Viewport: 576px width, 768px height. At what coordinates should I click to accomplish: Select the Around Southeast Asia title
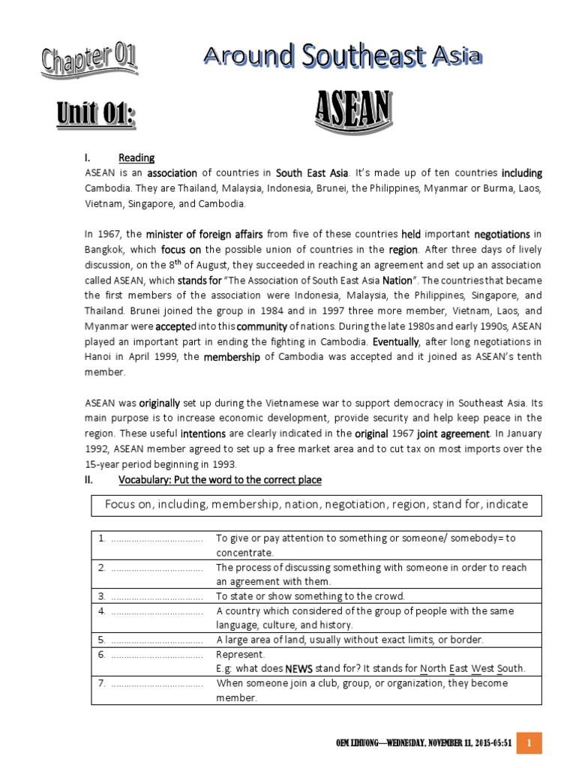342,57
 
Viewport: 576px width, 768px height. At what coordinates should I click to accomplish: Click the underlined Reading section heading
136,158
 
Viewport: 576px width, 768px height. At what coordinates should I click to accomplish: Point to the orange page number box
529,742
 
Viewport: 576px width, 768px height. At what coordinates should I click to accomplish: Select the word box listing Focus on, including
315,505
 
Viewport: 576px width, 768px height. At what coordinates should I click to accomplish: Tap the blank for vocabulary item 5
157,640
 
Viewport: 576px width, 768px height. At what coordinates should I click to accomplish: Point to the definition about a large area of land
350,640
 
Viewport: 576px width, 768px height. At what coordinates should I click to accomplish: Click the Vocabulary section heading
220,479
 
